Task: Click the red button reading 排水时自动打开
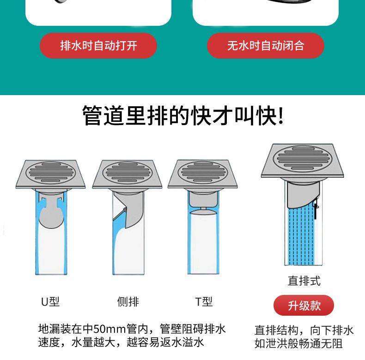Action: (98, 46)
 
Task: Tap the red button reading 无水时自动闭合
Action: (266, 46)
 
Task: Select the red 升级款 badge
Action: (304, 306)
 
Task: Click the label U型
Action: (50, 302)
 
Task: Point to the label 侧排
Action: (128, 302)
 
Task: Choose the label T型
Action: (204, 302)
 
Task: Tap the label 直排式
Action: (304, 281)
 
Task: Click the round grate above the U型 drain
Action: (50, 173)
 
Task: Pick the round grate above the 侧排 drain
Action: (127, 173)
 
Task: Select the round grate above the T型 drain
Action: (202, 172)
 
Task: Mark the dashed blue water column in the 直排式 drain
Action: (301, 235)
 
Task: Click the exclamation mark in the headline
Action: (281, 115)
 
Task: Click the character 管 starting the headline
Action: (92, 115)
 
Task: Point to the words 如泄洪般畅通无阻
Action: (298, 343)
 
